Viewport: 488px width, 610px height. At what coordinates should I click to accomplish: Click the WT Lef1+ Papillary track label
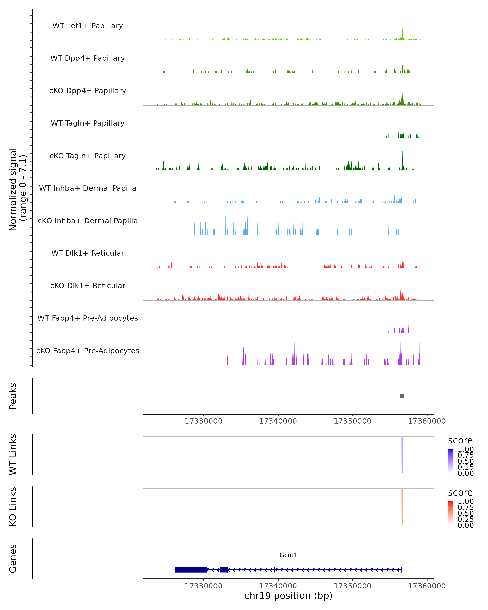88,26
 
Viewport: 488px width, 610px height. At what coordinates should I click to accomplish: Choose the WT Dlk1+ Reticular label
88,253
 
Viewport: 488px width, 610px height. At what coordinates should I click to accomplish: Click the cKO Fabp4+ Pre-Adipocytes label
88,351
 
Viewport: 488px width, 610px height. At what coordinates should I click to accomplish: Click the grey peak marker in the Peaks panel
402,396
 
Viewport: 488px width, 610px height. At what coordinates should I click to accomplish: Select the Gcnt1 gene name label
288,555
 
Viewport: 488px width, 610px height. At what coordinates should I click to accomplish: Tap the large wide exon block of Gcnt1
191,570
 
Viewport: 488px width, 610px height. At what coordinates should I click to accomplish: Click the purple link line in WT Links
402,454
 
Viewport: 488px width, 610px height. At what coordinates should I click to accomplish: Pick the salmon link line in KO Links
402,507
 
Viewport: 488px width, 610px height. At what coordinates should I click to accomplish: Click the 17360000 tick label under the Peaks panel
427,421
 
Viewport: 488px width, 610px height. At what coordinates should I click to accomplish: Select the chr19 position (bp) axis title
288,596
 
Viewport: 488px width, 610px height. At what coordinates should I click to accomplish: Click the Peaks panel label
13,396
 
